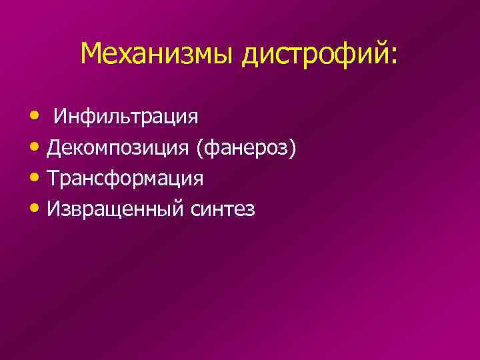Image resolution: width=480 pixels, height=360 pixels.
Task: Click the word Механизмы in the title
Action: click(x=157, y=53)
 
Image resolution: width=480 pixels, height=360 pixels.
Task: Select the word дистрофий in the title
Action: click(x=313, y=53)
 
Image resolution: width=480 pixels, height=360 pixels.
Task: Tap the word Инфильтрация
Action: click(x=126, y=117)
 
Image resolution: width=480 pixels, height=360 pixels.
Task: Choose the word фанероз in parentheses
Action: click(x=245, y=148)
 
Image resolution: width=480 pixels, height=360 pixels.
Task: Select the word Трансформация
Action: click(x=125, y=179)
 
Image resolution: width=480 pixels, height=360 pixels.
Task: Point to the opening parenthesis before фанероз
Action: click(x=199, y=148)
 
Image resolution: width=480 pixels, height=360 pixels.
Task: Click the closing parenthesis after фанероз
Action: click(x=291, y=148)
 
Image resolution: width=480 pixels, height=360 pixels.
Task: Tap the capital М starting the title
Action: click(x=91, y=53)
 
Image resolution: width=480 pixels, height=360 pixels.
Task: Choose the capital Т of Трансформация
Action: click(x=54, y=179)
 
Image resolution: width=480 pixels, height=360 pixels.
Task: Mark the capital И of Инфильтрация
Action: click(x=61, y=117)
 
